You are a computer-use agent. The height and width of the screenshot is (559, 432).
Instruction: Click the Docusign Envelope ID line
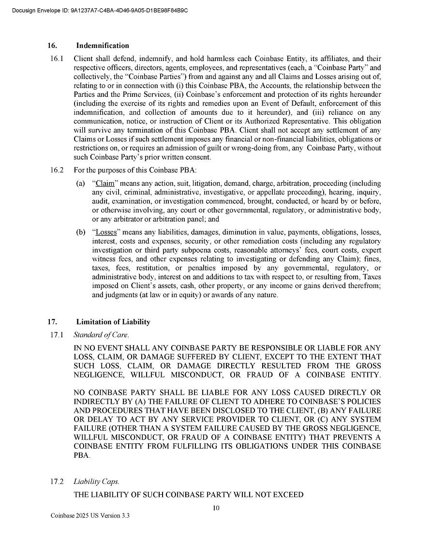tap(99, 10)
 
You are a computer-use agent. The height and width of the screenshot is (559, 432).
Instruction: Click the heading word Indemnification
tap(103, 46)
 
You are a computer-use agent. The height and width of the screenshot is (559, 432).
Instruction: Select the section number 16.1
tap(57, 59)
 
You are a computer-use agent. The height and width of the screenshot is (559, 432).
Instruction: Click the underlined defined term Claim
tap(104, 183)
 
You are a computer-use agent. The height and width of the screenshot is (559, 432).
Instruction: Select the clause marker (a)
tap(80, 183)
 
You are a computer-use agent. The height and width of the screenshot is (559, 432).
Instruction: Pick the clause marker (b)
tap(80, 232)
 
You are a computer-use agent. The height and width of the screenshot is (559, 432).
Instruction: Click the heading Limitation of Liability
tap(113, 322)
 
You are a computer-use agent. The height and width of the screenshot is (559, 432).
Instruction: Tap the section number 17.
tap(52, 322)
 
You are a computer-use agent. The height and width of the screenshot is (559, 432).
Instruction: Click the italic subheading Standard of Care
tap(101, 334)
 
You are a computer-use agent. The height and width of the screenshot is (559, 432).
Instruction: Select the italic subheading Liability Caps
tap(96, 482)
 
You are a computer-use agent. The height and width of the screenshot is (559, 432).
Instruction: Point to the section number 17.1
tap(57, 334)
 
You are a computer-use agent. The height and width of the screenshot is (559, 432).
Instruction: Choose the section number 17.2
tap(57, 482)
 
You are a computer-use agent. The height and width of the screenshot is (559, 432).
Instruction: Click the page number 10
tap(216, 508)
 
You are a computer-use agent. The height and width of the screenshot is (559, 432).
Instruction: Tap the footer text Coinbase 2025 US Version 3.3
tap(90, 516)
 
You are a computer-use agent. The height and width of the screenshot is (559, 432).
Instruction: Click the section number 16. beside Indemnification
tap(52, 46)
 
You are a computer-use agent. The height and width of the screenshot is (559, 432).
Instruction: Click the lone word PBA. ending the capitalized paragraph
tap(82, 455)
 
